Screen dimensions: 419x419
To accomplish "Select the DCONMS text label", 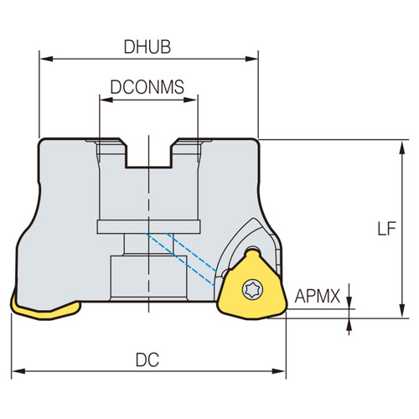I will pos(147,86).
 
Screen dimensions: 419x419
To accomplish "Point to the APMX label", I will pos(319,296).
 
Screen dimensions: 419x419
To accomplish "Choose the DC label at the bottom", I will pos(147,359).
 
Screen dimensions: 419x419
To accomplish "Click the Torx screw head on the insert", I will pos(249,288).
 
